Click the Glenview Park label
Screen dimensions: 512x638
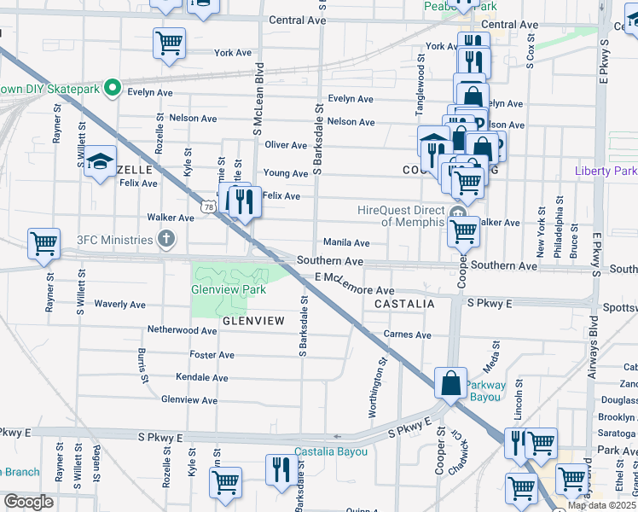click(229, 289)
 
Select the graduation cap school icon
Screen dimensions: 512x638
click(101, 162)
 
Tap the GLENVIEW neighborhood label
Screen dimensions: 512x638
click(253, 321)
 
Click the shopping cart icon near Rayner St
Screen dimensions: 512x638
click(43, 243)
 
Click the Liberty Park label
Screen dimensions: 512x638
click(606, 171)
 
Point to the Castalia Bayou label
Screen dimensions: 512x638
click(331, 451)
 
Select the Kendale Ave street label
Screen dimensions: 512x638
click(201, 377)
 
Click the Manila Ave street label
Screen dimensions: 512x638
click(345, 242)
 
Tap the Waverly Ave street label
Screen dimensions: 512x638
click(120, 304)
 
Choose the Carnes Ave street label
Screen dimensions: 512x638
click(408, 335)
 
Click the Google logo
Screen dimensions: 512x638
click(28, 502)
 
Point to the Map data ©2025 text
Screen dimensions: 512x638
click(600, 505)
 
